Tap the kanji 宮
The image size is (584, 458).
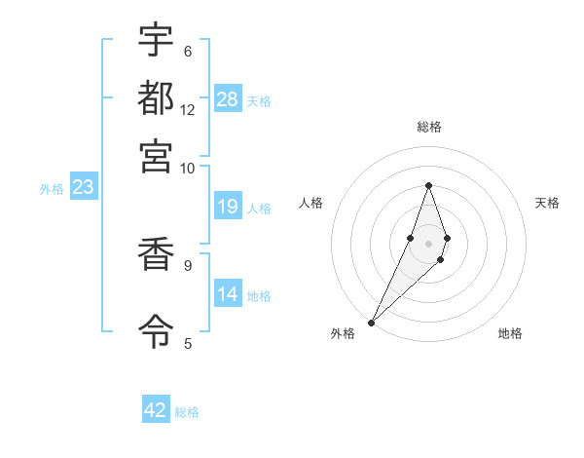(156, 155)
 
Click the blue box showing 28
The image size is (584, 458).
(228, 99)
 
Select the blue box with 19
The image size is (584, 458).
(228, 207)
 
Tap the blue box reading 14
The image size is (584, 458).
(228, 294)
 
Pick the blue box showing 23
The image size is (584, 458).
(83, 188)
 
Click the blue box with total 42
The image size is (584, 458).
(156, 410)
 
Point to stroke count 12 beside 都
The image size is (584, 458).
(188, 110)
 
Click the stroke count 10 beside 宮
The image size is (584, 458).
(187, 168)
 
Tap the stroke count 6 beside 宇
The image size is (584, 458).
(187, 52)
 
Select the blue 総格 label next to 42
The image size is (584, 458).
(187, 412)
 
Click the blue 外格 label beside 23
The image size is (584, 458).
(51, 189)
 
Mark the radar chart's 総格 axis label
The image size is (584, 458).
(428, 127)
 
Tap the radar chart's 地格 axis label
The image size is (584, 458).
(510, 333)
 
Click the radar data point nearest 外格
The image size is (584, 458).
(371, 322)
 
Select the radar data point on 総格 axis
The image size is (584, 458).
(428, 185)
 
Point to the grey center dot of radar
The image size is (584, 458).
(428, 243)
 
